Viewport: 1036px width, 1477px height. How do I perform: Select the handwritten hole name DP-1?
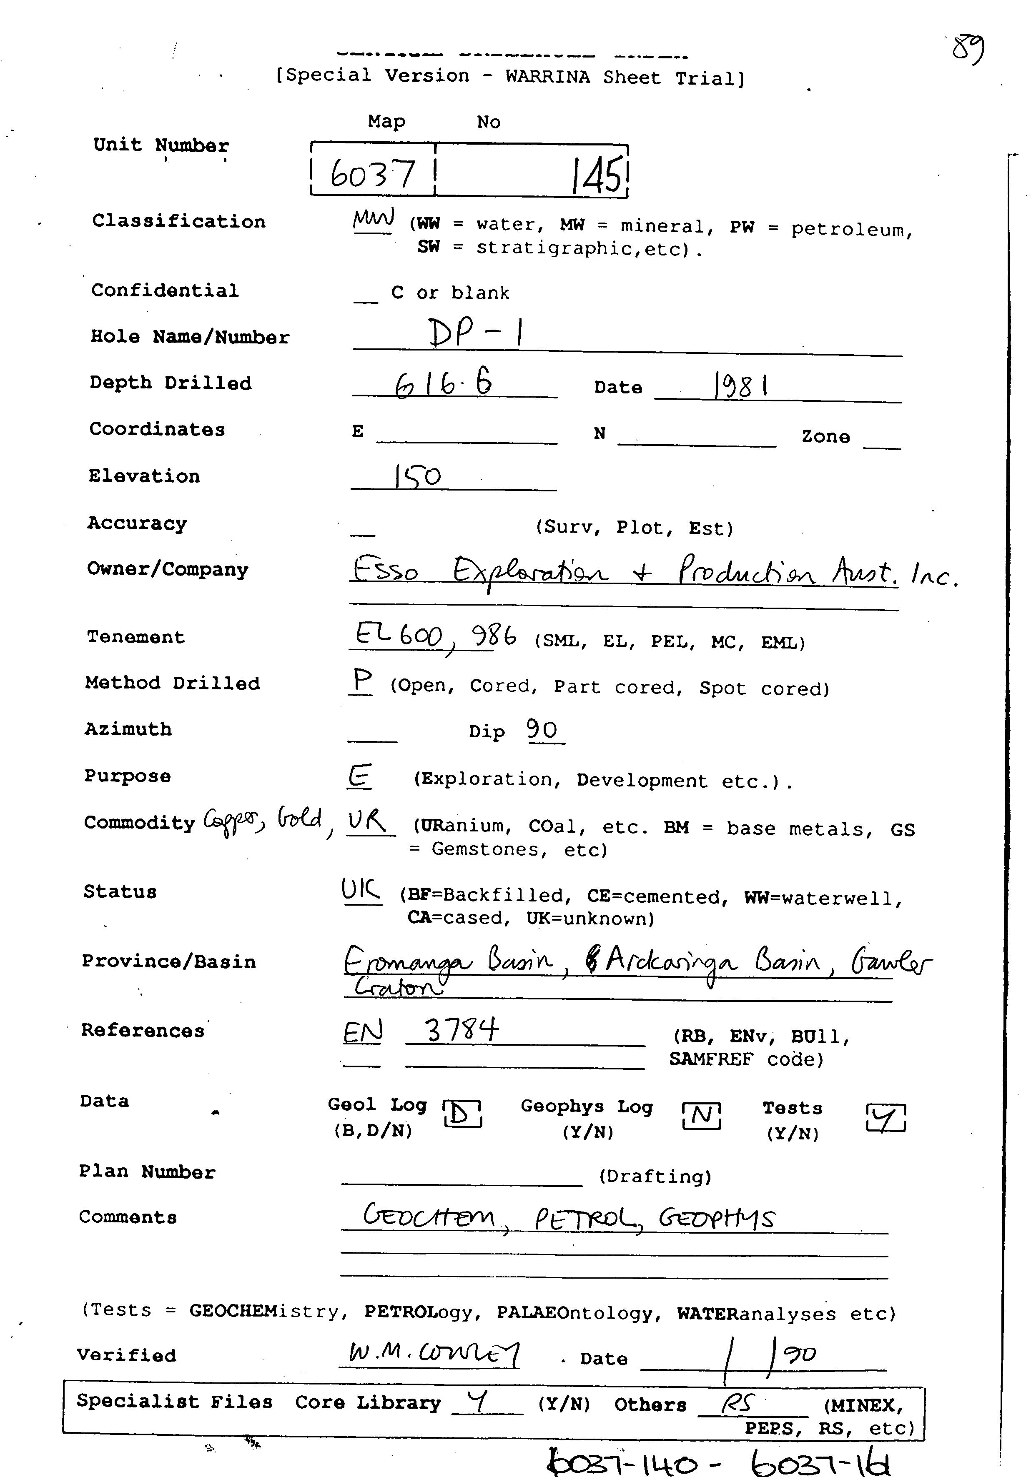click(476, 333)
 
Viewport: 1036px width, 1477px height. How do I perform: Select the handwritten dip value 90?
click(542, 729)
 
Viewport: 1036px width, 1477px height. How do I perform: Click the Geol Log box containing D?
click(462, 1114)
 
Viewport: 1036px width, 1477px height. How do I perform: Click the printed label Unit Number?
click(161, 145)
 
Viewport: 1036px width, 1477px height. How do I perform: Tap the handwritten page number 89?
click(968, 50)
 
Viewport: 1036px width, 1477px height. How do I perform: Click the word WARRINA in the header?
click(547, 77)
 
